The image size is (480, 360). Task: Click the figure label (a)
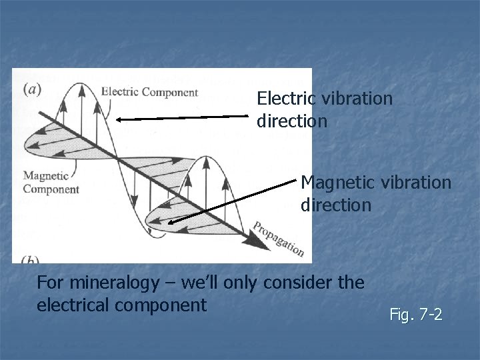pos(31,89)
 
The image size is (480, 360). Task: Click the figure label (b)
pos(30,259)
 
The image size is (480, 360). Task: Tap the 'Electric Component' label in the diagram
pos(150,92)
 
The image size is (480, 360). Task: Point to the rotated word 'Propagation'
pos(279,239)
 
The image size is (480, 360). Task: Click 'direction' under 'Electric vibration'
pos(291,121)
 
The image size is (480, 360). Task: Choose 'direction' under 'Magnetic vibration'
pos(335,204)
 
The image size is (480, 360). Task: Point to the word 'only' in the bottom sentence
pos(242,283)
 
